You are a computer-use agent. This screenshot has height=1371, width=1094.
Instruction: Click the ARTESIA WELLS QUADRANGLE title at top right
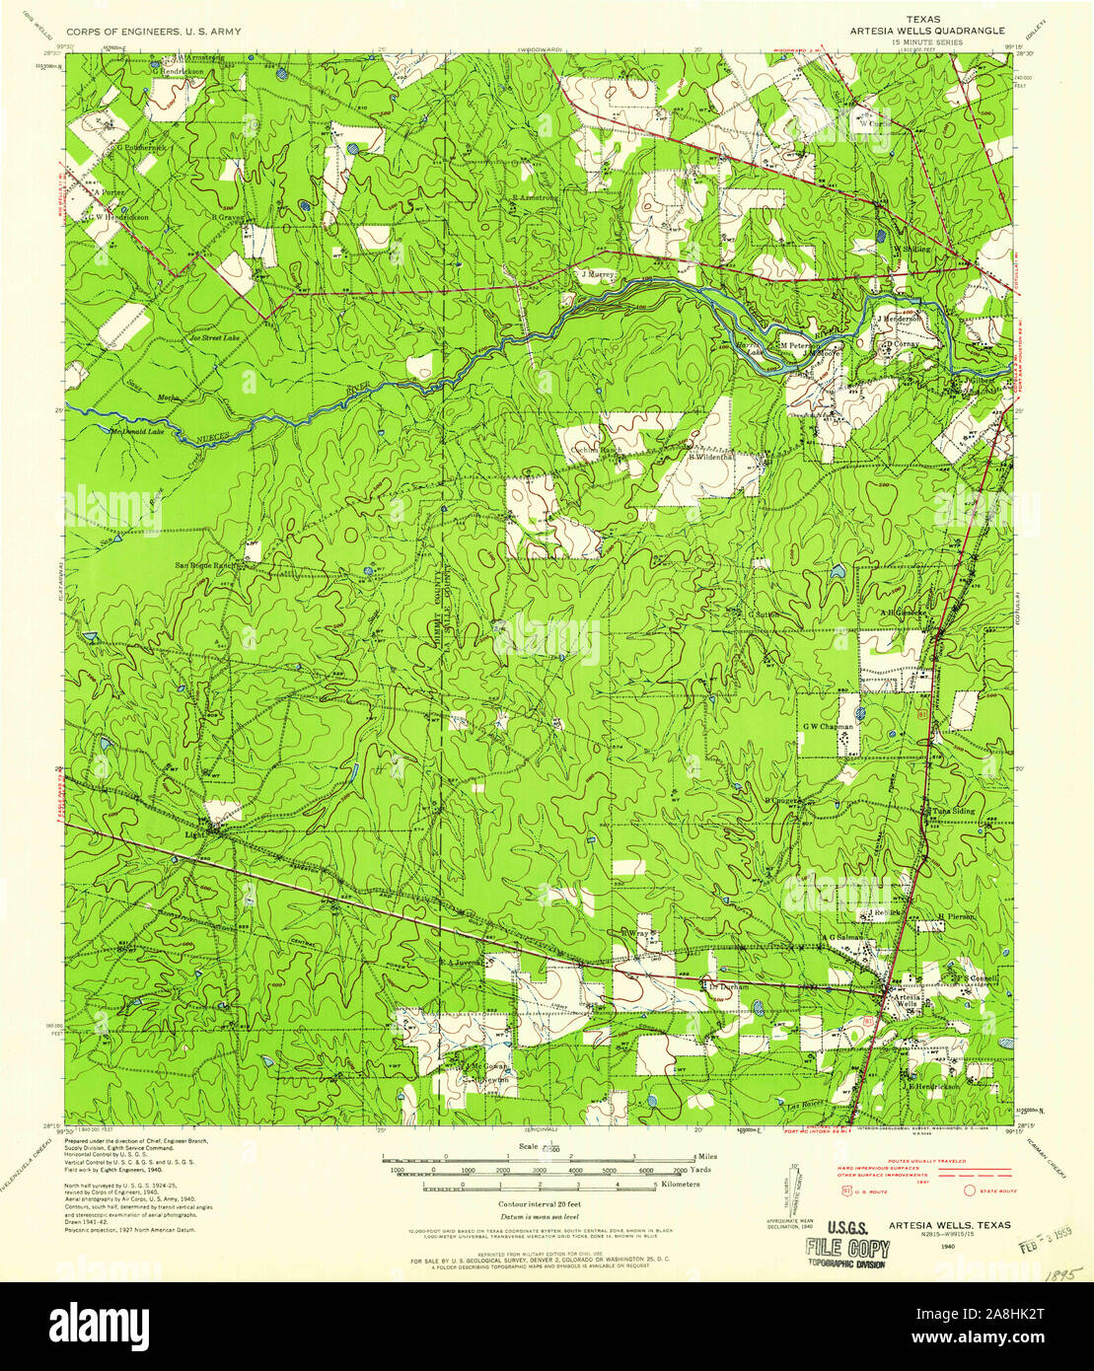(927, 31)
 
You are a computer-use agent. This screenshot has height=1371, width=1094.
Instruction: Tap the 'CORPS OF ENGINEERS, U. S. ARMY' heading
(153, 32)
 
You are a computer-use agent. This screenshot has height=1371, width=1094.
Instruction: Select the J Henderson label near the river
(899, 320)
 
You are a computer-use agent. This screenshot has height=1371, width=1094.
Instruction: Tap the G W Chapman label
(827, 726)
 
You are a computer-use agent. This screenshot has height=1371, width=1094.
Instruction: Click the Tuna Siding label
(948, 812)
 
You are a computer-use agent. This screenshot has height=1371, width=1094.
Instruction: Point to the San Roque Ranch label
(206, 566)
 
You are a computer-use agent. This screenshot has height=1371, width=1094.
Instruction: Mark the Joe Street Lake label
(214, 337)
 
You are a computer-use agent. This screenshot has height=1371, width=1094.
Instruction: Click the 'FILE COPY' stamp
(847, 1249)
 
